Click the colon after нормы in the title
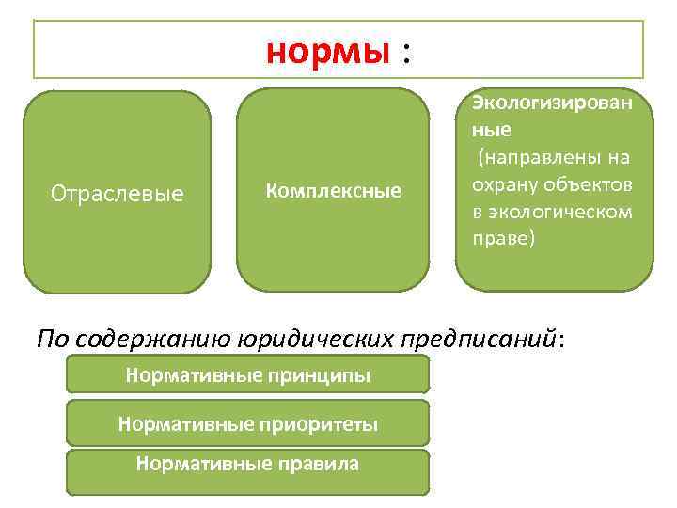pos(405,53)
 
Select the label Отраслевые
pos(117,195)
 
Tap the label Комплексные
pos(333,191)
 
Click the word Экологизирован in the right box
pos(552,101)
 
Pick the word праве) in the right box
pos(503,238)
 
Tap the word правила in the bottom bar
pos(313,463)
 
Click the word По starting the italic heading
pos(52,339)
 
